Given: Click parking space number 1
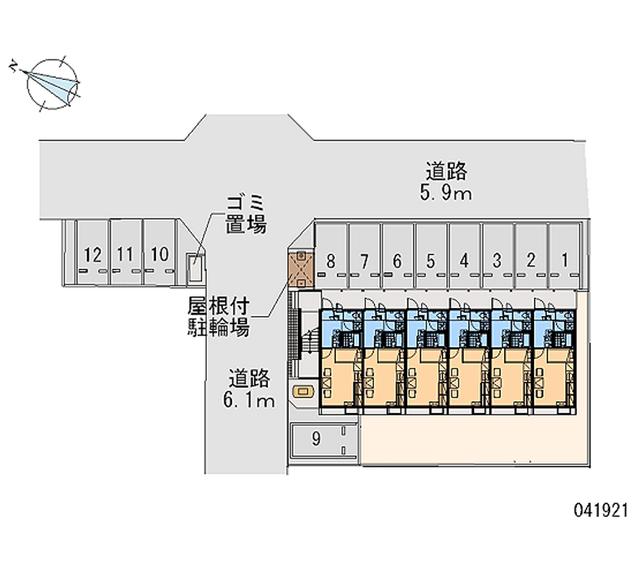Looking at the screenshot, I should coord(564,258).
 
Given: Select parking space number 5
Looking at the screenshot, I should coord(430,259).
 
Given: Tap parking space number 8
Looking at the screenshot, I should coord(330,259).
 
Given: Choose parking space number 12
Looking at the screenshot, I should coord(92,254).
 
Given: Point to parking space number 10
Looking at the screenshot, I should coord(159,254).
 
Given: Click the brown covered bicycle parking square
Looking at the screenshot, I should coord(301,269).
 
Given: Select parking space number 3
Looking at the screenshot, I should coord(497,259).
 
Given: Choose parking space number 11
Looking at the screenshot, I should coord(125,254).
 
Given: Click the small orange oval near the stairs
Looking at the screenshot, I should coord(302,391).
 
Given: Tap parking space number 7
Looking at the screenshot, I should coord(364,259).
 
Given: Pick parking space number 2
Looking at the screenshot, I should coord(531,259).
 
